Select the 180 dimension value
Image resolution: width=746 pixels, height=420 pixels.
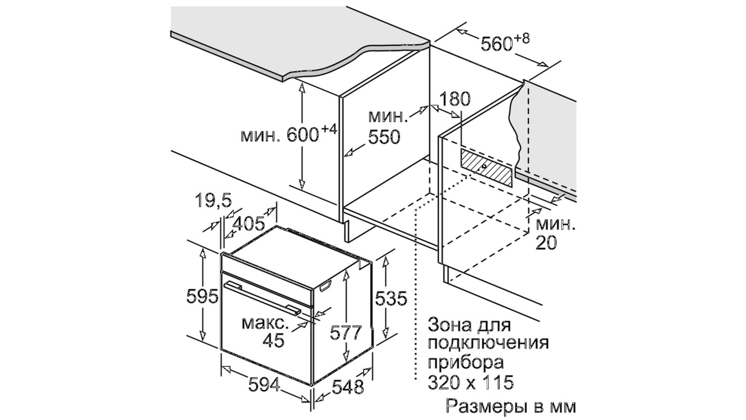click(455, 99)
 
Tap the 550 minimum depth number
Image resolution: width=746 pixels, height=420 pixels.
click(384, 137)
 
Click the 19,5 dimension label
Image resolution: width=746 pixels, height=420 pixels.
click(213, 200)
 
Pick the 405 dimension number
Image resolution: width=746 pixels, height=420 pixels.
click(248, 224)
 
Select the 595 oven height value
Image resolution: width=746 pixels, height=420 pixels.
click(202, 296)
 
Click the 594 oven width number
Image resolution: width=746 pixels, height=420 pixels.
click(264, 385)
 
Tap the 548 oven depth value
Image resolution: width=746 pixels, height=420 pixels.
click(348, 386)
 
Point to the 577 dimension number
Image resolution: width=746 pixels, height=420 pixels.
click(345, 332)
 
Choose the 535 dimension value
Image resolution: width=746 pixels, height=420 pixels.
click(391, 298)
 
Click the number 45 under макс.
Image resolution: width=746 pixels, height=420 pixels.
click(273, 341)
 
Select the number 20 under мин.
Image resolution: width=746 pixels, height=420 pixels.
click(546, 243)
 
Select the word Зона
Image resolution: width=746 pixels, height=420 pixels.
click(449, 324)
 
